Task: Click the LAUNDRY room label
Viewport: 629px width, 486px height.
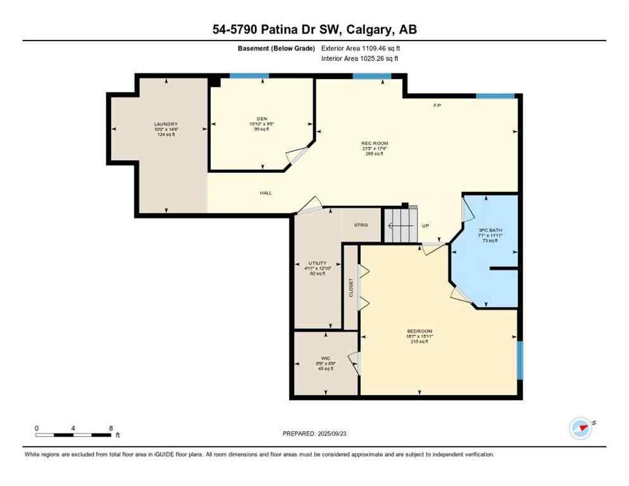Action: (x=166, y=124)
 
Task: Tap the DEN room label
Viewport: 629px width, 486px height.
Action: (x=261, y=118)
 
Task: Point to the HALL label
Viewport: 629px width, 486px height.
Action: (x=266, y=192)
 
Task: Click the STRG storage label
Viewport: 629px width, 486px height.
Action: (x=361, y=225)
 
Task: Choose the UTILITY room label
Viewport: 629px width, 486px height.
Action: (x=317, y=263)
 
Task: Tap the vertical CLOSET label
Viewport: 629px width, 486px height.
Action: (x=351, y=287)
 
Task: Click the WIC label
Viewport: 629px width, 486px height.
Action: (x=326, y=358)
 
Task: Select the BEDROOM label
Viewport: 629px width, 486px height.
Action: (x=419, y=331)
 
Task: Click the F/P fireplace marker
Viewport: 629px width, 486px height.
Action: (x=437, y=105)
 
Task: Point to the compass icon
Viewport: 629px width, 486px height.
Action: (x=580, y=428)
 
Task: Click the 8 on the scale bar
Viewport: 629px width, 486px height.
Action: (x=111, y=428)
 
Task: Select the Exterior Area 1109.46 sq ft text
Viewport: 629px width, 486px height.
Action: (x=361, y=48)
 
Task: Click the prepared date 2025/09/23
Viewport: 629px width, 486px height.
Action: (x=314, y=433)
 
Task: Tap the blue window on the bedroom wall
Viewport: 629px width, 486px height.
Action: (x=520, y=360)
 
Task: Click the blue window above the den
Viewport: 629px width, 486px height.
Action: (x=249, y=76)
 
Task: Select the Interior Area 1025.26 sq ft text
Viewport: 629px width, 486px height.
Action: (x=359, y=59)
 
